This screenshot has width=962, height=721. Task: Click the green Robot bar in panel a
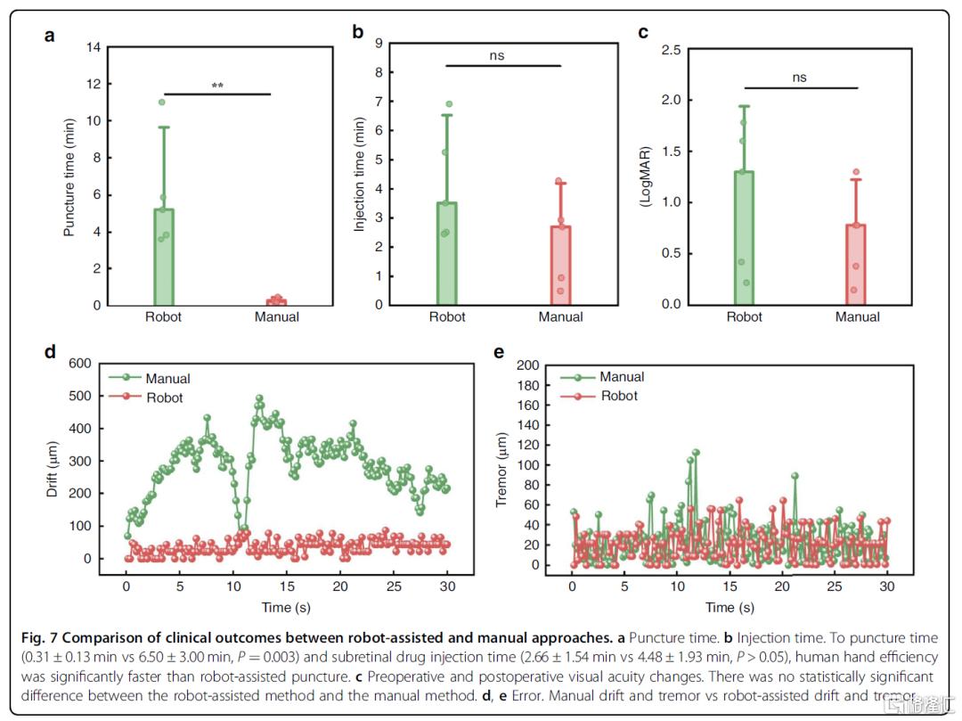tap(164, 257)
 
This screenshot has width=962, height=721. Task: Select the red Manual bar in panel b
tap(561, 266)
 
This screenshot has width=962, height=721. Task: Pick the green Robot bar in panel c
tap(744, 238)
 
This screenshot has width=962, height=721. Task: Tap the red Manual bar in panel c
tap(856, 265)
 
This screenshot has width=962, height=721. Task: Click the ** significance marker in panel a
tap(217, 86)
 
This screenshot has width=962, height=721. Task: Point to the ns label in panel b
tap(497, 56)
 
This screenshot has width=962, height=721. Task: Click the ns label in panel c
tap(799, 78)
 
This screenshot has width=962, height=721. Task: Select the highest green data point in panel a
tap(162, 102)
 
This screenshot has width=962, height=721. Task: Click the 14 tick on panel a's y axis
tap(94, 47)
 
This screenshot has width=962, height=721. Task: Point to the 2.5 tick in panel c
tap(672, 50)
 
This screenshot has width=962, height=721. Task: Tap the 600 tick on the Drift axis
tap(80, 364)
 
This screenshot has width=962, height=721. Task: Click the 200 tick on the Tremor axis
tap(527, 365)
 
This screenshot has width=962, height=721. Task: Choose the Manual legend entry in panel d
tap(150, 378)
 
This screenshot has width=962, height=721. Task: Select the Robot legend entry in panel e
tap(599, 396)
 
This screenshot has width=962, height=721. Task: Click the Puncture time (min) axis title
tap(69, 176)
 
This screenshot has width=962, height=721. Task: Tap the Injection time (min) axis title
tap(359, 175)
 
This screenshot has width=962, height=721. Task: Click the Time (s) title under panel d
tap(286, 608)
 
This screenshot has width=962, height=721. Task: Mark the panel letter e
tap(499, 352)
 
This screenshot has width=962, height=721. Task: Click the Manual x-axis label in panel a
tap(277, 316)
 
